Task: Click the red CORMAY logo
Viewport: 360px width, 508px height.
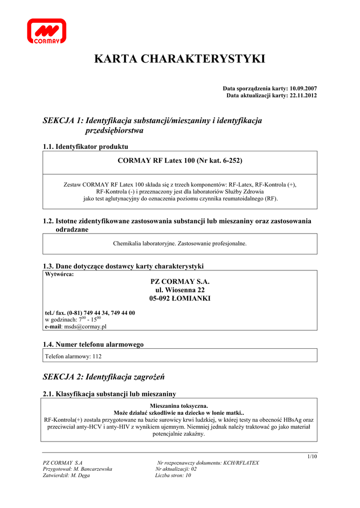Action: pos(47,32)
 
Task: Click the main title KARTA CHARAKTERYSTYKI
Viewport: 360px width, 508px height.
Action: pos(179,59)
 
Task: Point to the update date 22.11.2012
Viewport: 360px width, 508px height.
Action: pos(303,95)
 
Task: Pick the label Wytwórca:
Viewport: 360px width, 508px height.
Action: pos(60,274)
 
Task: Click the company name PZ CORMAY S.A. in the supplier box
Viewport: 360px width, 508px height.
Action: pos(180,281)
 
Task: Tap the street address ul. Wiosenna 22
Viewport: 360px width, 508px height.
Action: pos(180,290)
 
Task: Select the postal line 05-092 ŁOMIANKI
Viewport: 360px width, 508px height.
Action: pos(180,298)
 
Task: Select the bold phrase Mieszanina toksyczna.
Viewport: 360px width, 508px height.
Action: pos(179,405)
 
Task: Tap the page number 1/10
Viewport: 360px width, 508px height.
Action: pos(312,456)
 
